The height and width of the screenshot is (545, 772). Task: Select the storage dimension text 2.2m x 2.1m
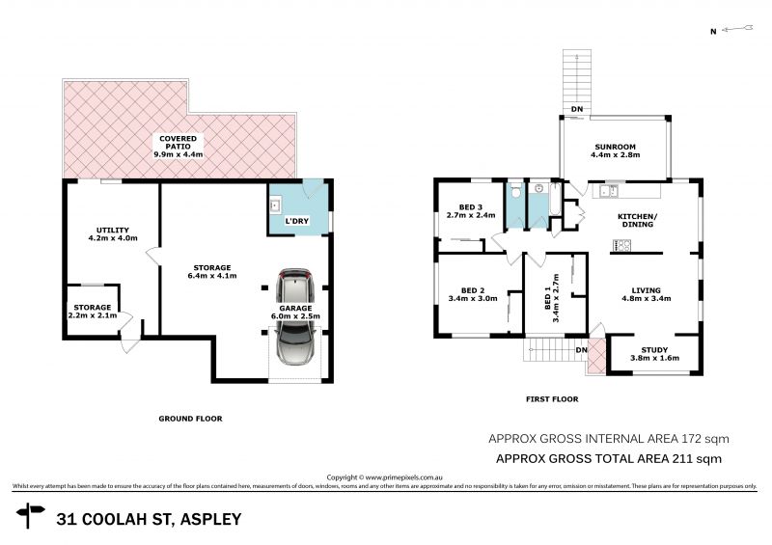[94, 315]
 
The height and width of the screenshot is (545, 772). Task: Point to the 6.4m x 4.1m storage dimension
[212, 276]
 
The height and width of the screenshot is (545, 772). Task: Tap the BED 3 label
[470, 207]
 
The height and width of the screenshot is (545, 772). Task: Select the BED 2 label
[472, 290]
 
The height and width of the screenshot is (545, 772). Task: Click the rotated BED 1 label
[551, 296]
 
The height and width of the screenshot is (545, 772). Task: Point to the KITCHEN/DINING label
[638, 220]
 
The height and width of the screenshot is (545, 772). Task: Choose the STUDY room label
[656, 349]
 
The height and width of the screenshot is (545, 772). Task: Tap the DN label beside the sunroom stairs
[576, 109]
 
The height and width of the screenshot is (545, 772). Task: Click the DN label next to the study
[581, 349]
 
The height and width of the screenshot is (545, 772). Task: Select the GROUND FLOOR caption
[190, 419]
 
